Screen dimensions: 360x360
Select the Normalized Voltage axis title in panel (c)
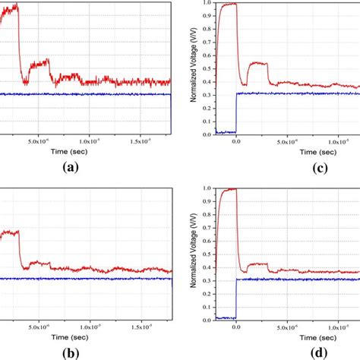click(x=195, y=68)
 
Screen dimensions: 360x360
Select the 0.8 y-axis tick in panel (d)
click(x=206, y=215)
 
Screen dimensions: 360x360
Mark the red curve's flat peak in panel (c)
click(x=227, y=5)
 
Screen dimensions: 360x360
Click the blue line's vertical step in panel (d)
click(x=236, y=298)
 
